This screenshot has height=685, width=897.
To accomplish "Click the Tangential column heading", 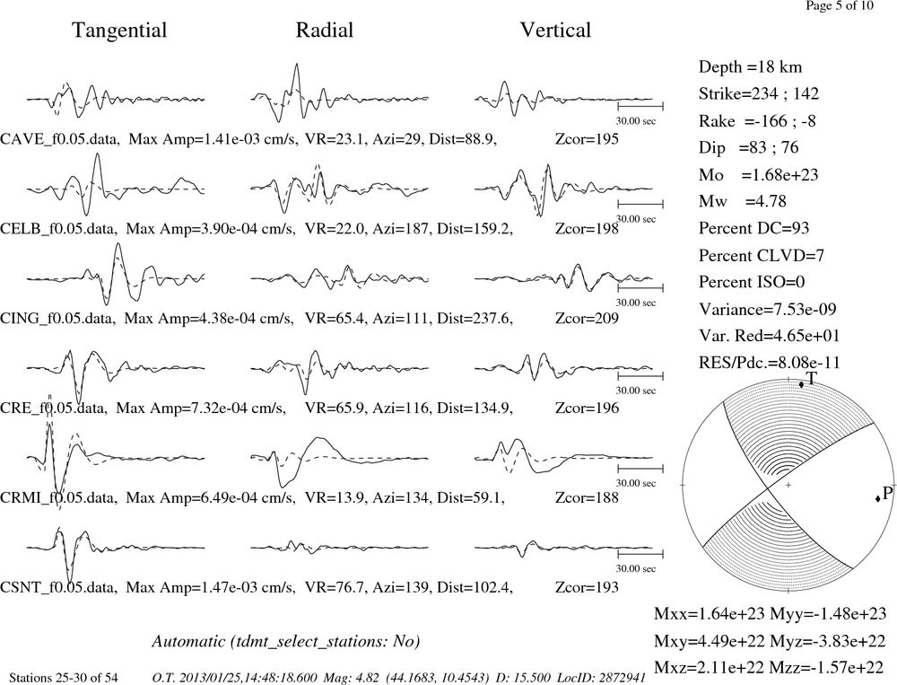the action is pyautogui.click(x=119, y=31).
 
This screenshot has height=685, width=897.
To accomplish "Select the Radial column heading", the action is pyautogui.click(x=325, y=31).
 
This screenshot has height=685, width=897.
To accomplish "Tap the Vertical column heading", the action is pyautogui.click(x=555, y=31).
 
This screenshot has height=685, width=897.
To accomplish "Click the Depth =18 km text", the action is pyautogui.click(x=750, y=67).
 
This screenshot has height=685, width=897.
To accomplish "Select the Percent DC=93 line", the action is pyautogui.click(x=754, y=228).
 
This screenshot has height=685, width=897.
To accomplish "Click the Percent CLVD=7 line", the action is pyautogui.click(x=762, y=255).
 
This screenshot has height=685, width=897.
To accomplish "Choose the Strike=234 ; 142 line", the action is pyautogui.click(x=759, y=94).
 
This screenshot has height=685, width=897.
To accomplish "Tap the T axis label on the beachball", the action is pyautogui.click(x=811, y=377).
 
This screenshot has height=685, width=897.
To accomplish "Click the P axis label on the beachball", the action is pyautogui.click(x=887, y=493).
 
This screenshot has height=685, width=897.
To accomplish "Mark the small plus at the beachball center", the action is pyautogui.click(x=788, y=485).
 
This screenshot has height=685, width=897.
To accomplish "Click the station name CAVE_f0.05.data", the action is pyautogui.click(x=59, y=139).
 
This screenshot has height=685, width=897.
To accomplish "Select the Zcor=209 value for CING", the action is pyautogui.click(x=587, y=319).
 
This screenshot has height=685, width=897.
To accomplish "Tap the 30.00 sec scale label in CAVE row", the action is pyautogui.click(x=636, y=121).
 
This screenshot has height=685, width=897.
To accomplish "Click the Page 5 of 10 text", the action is pyautogui.click(x=840, y=5).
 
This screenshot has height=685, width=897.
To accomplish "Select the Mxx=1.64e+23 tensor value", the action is pyautogui.click(x=710, y=614).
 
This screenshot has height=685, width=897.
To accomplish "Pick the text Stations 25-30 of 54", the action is pyautogui.click(x=64, y=678).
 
